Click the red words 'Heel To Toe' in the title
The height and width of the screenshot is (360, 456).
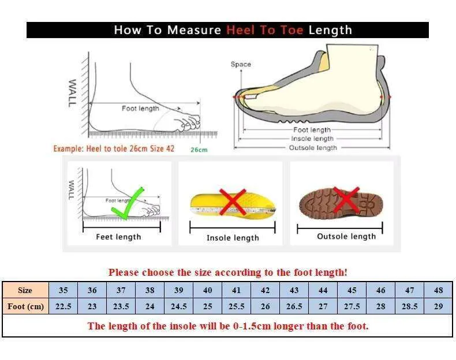coord(264,30)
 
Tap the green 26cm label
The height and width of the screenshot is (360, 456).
coord(199,150)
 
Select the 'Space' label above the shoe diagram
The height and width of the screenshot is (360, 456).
coord(241,64)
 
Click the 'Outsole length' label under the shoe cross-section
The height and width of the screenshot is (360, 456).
coord(313,148)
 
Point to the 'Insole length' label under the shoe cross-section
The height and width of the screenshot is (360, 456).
coord(312,138)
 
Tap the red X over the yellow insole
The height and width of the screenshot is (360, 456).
coord(233,202)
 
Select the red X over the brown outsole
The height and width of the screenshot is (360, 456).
coord(346,199)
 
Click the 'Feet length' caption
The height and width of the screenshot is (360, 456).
coord(118,237)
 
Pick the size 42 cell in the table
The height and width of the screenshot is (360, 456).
coord(265,290)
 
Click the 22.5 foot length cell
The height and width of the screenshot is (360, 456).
coord(63,306)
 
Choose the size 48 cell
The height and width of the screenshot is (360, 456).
coord(438,290)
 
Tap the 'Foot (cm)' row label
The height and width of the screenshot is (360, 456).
coord(25,306)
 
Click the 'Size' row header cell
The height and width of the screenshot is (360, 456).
coord(25,290)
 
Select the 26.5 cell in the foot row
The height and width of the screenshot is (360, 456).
coord(294,306)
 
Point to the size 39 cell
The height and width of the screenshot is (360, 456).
coord(178,290)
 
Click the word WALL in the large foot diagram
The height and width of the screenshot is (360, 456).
coord(72,93)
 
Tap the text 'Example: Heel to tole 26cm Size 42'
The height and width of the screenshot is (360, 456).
coord(114,149)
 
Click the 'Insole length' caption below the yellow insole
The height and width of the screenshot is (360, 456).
coord(233,238)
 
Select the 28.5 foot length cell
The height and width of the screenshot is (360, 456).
coord(409,306)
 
